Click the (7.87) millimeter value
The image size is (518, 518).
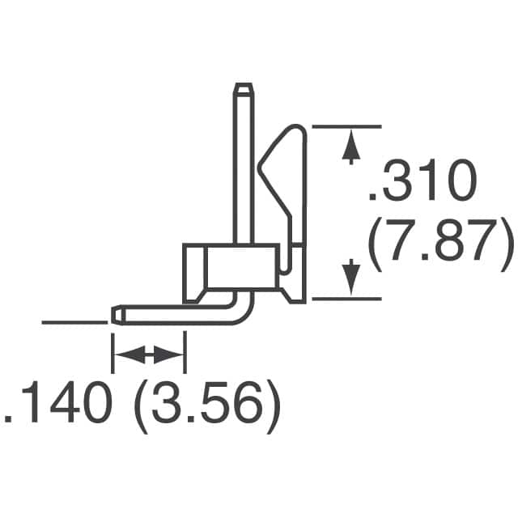(439, 244)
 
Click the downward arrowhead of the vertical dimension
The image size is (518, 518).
(350, 278)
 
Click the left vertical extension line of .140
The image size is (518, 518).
(112, 348)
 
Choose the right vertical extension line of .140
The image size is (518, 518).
(185, 344)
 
